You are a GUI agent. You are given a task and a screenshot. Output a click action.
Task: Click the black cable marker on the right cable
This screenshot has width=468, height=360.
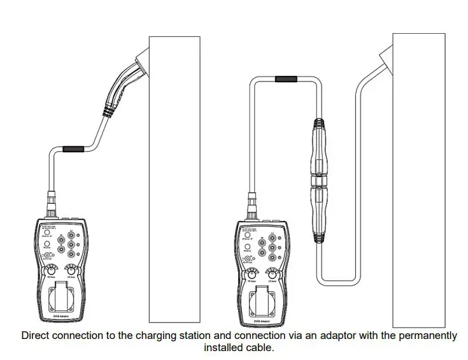[x=285, y=80]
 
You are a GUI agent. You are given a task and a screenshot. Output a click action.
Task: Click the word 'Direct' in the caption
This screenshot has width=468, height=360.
[x=36, y=335]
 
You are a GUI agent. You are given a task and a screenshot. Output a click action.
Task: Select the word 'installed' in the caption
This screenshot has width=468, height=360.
[x=222, y=347]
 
